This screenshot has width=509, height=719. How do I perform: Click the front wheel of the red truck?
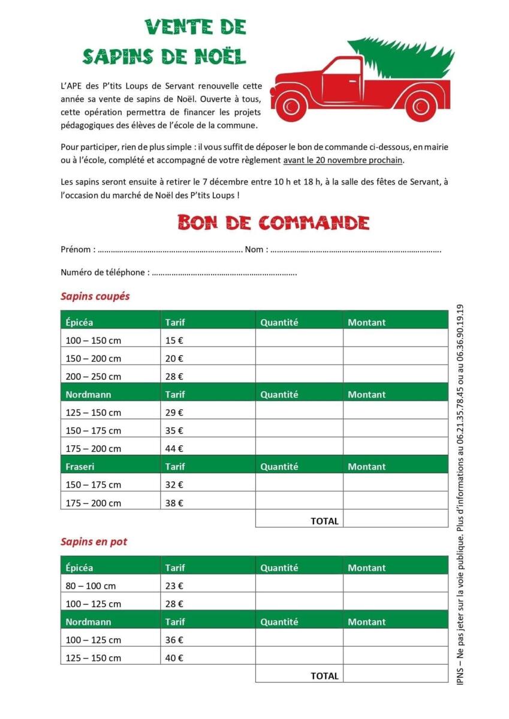(x=292, y=107)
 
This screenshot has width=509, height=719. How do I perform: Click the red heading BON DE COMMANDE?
(x=273, y=222)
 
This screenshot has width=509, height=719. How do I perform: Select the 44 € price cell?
(x=174, y=448)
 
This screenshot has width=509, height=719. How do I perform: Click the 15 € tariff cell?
(x=174, y=340)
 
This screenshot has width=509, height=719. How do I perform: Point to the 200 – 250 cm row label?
(x=93, y=376)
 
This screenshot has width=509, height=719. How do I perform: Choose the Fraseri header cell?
(x=80, y=466)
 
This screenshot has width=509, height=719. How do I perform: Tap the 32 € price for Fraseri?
(x=174, y=484)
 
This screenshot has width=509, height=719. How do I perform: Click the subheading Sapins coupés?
(x=95, y=296)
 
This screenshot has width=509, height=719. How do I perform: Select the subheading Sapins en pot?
(x=94, y=542)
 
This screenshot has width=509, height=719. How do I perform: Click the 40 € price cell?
(x=174, y=658)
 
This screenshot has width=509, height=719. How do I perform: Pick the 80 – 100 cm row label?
(x=91, y=586)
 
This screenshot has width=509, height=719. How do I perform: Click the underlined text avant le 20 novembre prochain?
(x=343, y=160)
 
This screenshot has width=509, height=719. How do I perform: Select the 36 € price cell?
(x=174, y=640)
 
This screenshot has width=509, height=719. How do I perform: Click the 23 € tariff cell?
(x=174, y=586)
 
